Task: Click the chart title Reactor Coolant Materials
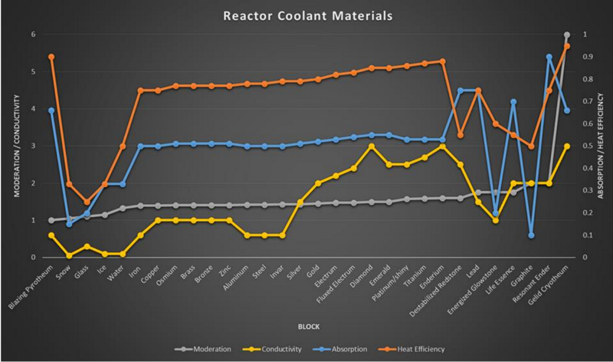coord(306,15)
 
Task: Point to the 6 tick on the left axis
coord(33,35)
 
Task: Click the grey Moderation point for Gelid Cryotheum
coord(567,35)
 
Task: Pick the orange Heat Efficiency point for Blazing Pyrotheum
coord(51,57)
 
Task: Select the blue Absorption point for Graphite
coord(531,235)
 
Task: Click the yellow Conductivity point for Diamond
coord(371,146)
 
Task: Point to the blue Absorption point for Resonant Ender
coord(549,57)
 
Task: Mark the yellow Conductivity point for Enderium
coord(442,146)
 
